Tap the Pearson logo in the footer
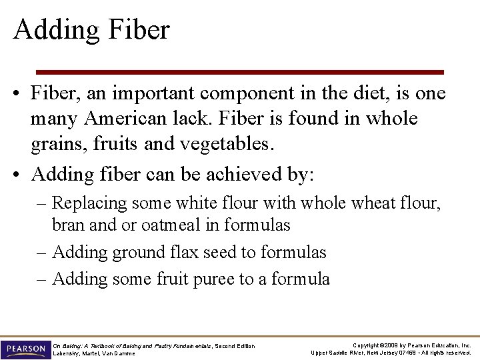pos(25,349)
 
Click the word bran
pos(68,225)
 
